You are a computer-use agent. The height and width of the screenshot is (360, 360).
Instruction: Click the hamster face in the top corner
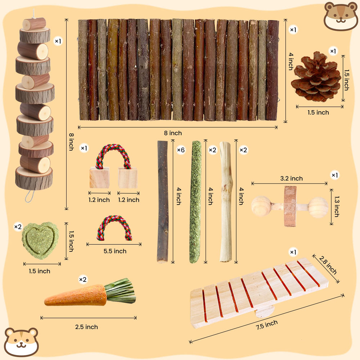tap(340, 16)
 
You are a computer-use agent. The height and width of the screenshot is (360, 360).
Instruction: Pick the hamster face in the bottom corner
tap(21, 342)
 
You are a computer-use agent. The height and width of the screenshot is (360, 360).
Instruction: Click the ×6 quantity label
tap(181, 150)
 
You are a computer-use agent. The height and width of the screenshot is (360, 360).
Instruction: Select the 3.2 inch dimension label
tap(291, 179)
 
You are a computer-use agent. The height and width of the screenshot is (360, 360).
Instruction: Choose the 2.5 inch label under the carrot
tap(86, 327)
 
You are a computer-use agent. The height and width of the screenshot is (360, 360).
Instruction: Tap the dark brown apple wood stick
tap(163, 202)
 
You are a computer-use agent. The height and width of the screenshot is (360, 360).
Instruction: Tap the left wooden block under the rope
tap(99, 178)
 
